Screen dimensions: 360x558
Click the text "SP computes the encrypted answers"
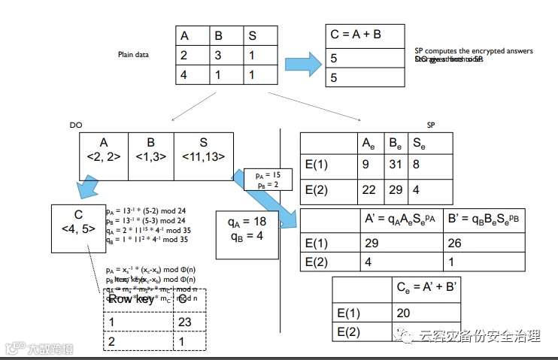[474, 51]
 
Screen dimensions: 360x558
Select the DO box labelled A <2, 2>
[105, 149]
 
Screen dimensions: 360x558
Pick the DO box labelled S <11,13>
[202, 149]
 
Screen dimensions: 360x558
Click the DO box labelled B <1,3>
[151, 149]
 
